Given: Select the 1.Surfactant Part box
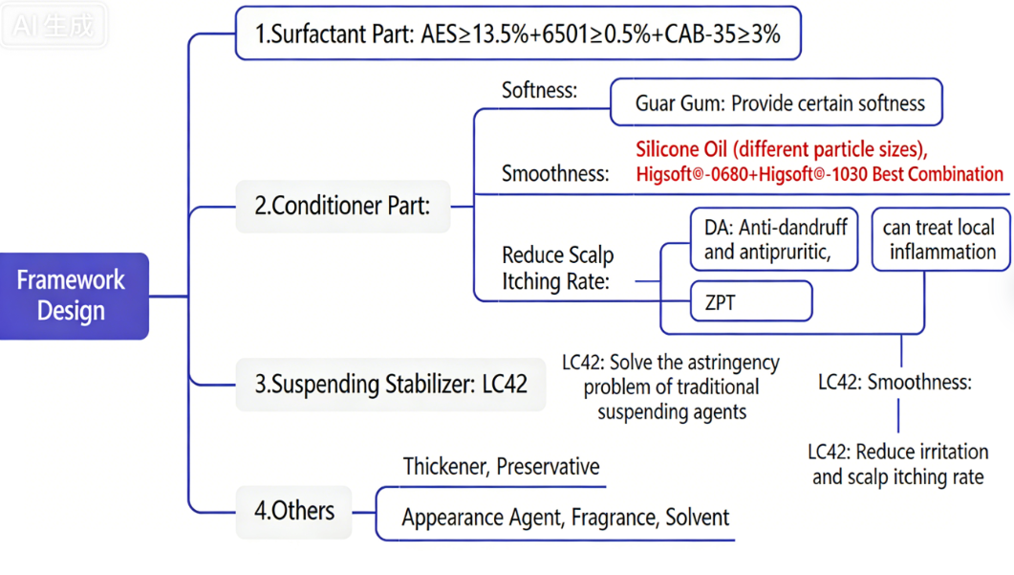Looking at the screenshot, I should click(517, 33).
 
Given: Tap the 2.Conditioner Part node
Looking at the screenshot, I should click(342, 206).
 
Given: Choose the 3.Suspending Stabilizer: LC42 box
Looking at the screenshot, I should click(390, 384).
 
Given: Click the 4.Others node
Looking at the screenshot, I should click(293, 510).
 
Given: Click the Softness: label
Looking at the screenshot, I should click(539, 91).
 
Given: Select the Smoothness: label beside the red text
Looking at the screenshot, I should click(554, 174).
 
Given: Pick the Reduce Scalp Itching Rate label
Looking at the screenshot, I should click(557, 269).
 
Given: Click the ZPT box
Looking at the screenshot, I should click(751, 302).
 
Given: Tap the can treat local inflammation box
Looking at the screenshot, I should click(940, 240).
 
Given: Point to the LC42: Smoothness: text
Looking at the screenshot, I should click(894, 383).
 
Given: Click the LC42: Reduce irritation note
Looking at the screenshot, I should click(896, 464).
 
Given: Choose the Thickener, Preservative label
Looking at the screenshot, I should click(501, 467).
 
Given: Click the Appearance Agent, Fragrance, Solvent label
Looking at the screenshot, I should click(565, 518).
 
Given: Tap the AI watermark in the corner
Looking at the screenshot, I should click(54, 26).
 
